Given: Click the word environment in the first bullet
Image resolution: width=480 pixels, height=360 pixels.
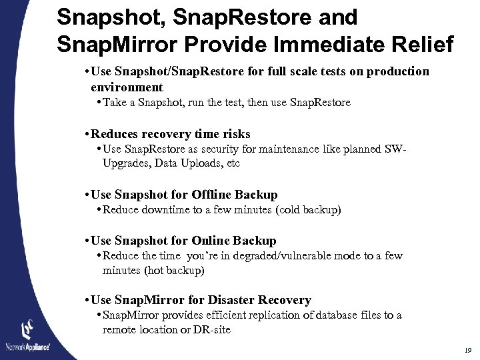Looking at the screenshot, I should tap(127, 87).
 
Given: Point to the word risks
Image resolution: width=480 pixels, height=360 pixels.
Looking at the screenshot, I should tap(231, 134).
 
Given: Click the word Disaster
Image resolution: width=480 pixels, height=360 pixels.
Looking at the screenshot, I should tap(239, 300).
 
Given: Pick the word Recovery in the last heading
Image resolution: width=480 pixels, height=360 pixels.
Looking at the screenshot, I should tap(286, 300).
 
